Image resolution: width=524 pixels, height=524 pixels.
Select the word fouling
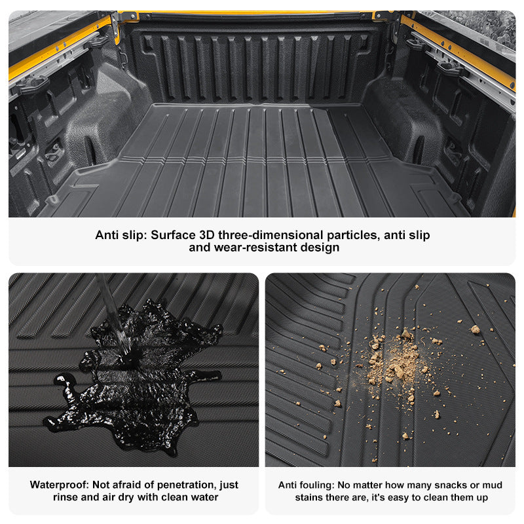click(x=316, y=485)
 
